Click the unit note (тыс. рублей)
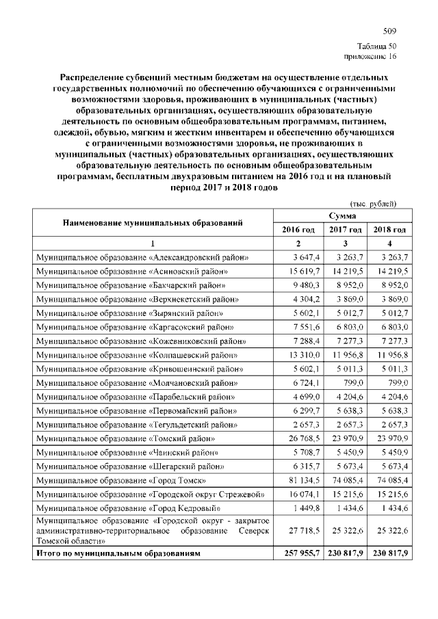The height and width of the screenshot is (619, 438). [374, 204]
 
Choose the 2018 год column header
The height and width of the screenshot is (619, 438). [389, 229]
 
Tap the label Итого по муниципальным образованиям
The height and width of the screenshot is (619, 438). [120, 552]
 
